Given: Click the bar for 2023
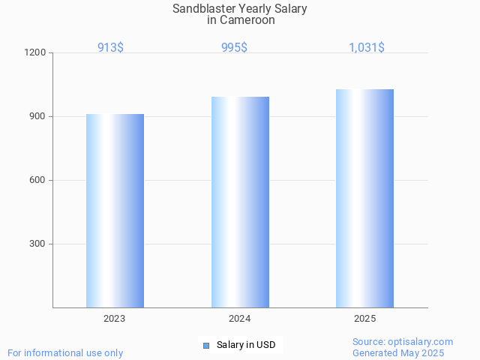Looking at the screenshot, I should tap(115, 211).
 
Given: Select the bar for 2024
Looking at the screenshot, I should tap(240, 202).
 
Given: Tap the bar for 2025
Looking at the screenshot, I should tap(364, 198).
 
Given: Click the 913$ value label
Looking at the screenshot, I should tap(110, 47).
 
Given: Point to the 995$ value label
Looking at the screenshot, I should tap(234, 47).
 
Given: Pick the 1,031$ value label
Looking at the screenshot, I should tap(367, 47).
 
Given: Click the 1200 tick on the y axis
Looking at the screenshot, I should tap(36, 53).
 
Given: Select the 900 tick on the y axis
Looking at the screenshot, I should tap(38, 117).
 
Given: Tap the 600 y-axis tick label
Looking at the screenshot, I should tap(38, 181).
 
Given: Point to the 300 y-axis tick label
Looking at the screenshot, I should tap(38, 244).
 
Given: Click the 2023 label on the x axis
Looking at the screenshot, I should tap(115, 319).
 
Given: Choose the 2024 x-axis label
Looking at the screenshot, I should tap(240, 319).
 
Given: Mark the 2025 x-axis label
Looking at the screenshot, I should tap(364, 319).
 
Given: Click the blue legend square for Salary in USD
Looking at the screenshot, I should tap(207, 345).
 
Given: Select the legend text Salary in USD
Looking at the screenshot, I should tap(246, 345).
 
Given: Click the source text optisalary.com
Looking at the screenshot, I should tap(422, 342).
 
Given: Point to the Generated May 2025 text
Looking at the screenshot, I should tap(398, 353).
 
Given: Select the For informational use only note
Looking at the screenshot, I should tap(65, 353).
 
